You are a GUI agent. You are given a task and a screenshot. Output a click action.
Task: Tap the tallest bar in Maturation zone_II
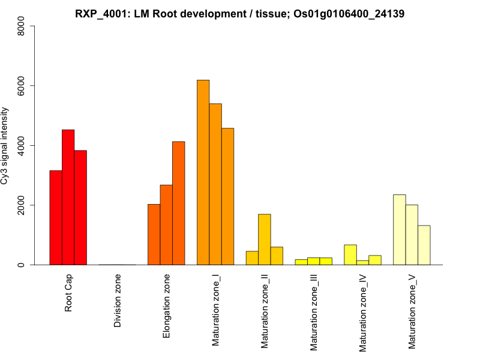click(x=265, y=239)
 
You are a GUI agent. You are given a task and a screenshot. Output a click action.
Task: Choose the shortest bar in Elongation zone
click(x=154, y=234)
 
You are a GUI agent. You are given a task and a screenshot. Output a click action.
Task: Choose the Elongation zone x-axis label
click(x=167, y=306)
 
